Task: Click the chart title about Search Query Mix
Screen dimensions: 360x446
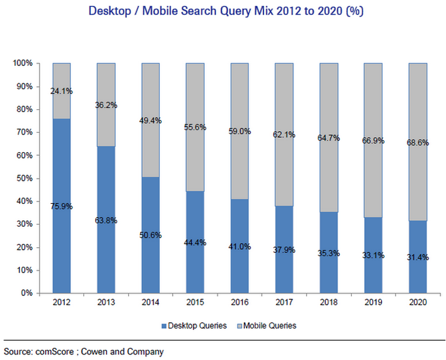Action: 226,10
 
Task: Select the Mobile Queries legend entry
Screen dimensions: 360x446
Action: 269,326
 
